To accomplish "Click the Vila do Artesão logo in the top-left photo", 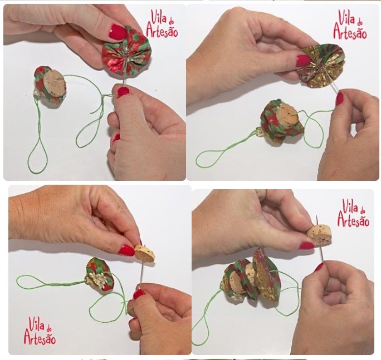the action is [x=162, y=23].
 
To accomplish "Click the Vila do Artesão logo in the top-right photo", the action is [x=350, y=24].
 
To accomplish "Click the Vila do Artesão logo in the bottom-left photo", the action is [x=40, y=331].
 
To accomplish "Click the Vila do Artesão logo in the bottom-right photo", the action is [x=354, y=213].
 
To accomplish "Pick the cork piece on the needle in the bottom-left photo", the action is [x=144, y=253].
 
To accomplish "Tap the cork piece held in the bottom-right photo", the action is [x=319, y=234].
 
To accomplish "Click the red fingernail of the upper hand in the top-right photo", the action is [x=304, y=61].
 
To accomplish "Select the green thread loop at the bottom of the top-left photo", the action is [x=37, y=155].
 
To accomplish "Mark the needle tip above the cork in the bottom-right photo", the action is [x=316, y=215].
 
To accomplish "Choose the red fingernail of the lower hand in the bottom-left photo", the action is [x=139, y=294].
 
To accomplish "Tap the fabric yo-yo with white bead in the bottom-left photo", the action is [x=100, y=274].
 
